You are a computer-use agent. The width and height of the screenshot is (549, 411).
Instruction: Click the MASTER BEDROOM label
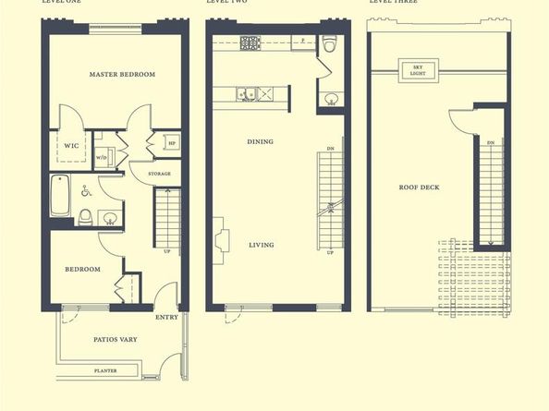point(122,74)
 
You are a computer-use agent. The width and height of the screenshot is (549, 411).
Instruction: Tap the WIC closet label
point(70,145)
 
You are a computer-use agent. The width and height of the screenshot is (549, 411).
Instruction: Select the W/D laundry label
point(102,158)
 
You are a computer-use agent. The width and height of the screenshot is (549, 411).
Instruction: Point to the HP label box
point(172,143)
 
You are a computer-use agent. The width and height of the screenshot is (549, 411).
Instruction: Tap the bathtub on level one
point(61,195)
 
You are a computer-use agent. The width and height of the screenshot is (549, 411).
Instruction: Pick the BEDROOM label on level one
point(81,270)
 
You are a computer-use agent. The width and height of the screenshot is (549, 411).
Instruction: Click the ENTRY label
point(167,318)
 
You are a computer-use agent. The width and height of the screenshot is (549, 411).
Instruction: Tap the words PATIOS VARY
point(116,340)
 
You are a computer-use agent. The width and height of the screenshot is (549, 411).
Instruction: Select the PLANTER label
point(105,371)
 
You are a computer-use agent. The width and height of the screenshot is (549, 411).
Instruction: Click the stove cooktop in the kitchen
point(250,42)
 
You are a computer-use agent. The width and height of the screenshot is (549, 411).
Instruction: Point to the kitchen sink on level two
point(246,92)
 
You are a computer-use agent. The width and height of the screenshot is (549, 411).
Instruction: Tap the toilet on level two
point(330,42)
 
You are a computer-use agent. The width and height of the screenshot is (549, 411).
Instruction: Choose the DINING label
point(260,142)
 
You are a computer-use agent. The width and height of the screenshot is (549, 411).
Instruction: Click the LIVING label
point(260,245)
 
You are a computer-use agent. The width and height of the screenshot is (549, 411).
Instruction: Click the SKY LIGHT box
point(411,70)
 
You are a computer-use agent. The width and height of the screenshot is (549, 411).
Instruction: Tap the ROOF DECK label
point(419,187)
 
